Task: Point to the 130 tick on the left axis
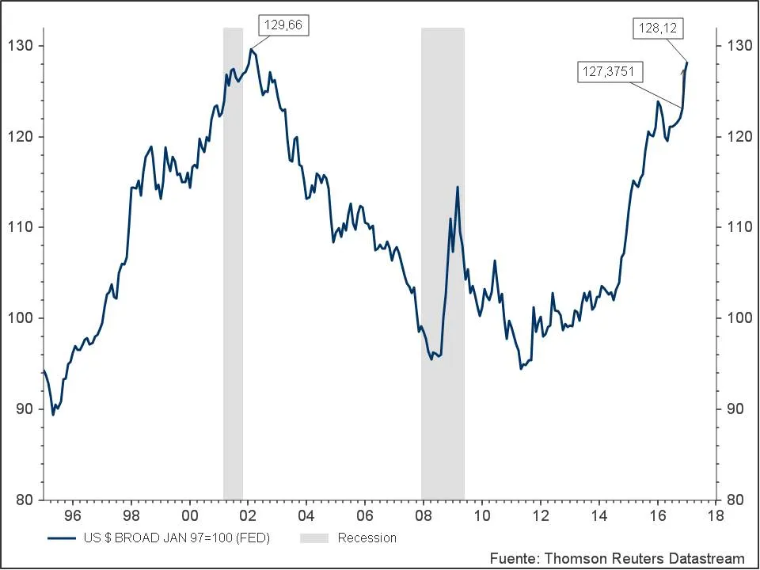click(x=21, y=46)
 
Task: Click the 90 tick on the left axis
click(x=25, y=409)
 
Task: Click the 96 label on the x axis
click(x=72, y=515)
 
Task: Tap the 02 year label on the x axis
click(x=248, y=515)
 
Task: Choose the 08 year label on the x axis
click(x=423, y=515)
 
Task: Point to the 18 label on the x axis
click(x=716, y=515)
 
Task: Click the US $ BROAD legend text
click(x=176, y=538)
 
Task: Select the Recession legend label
click(x=367, y=538)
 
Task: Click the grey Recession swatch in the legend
click(x=313, y=538)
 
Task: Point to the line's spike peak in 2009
click(x=458, y=187)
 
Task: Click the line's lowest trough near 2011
click(x=521, y=369)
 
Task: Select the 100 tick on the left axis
click(x=21, y=318)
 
